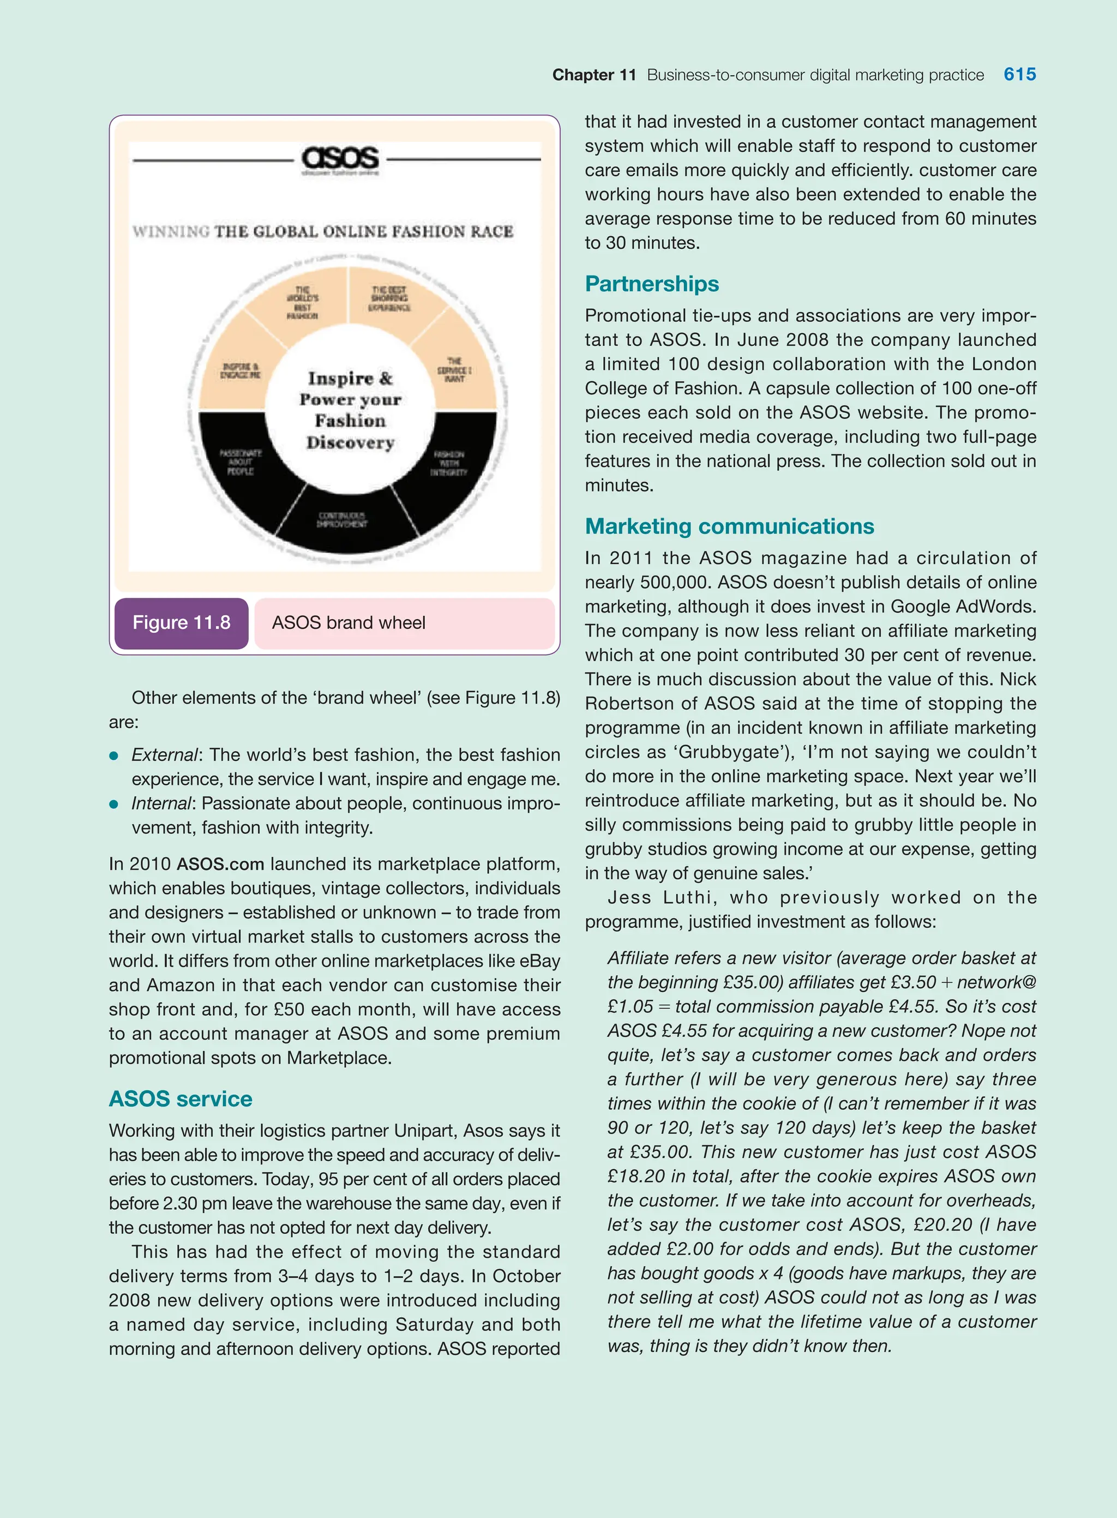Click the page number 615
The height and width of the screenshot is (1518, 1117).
1019,74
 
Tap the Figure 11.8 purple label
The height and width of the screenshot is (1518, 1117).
181,623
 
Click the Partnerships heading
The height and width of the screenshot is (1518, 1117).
651,284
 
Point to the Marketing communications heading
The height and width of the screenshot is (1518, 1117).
729,526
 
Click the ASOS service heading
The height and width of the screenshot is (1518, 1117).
181,1099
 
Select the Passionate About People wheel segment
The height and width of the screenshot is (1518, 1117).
241,462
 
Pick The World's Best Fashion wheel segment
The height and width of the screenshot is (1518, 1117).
302,302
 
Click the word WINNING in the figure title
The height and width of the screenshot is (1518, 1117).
171,231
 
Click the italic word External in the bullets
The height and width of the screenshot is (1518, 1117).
164,754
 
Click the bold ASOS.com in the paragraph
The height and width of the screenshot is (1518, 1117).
220,864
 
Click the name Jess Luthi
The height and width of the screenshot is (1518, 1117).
659,897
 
